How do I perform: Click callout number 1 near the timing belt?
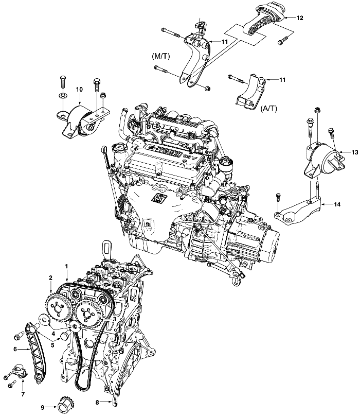(66, 266)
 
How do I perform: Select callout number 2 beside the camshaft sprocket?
(50, 278)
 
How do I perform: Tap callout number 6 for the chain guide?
(15, 349)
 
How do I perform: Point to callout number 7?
(23, 394)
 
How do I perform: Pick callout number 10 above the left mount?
(79, 90)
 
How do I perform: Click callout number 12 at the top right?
(299, 18)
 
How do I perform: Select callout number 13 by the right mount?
(354, 152)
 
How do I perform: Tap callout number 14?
(337, 204)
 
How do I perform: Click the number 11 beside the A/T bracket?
(282, 80)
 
